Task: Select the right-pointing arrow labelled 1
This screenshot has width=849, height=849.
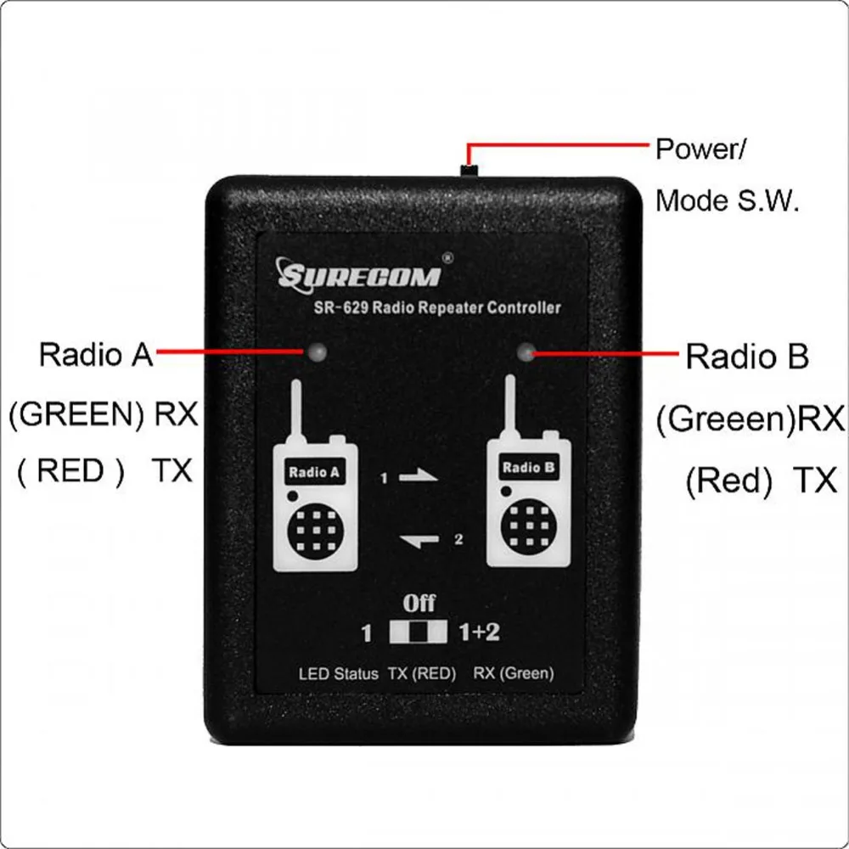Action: [x=419, y=478]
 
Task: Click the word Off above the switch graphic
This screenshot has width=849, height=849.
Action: [x=419, y=604]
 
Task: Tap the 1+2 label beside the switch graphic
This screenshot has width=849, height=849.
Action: [x=478, y=633]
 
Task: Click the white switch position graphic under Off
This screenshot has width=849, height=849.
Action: [x=419, y=633]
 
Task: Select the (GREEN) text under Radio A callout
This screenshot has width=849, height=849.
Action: [x=76, y=415]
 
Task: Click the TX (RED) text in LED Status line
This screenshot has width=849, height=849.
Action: [x=422, y=674]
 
